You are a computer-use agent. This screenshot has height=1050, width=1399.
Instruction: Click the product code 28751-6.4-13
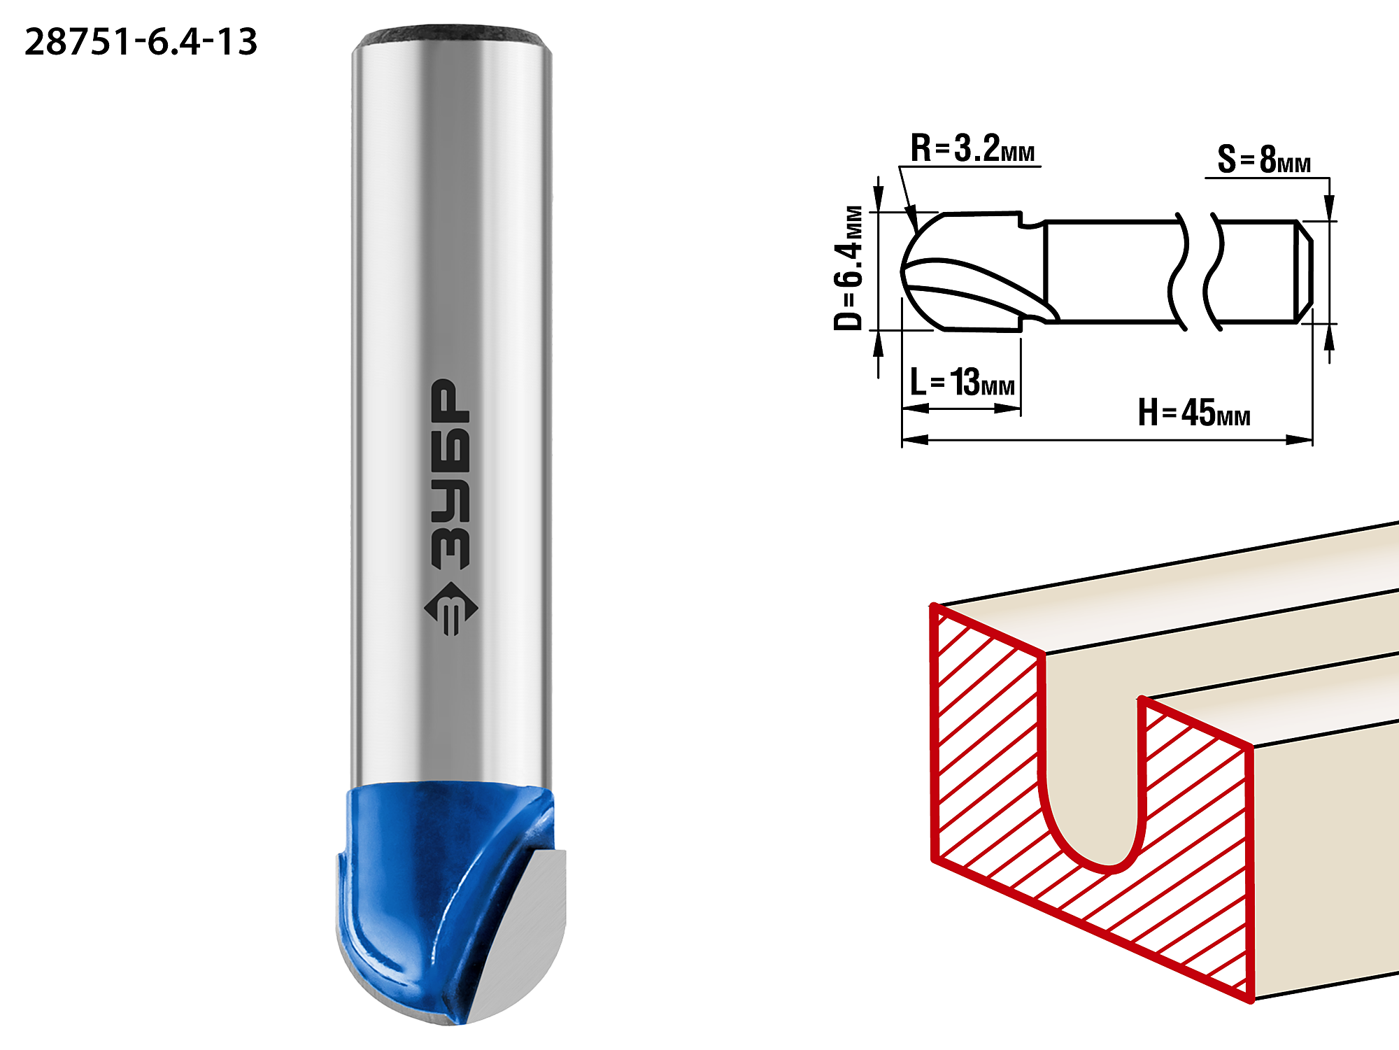tap(141, 42)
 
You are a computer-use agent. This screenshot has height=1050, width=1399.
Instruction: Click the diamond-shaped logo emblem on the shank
tap(451, 609)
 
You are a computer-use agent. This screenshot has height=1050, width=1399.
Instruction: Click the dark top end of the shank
tap(451, 36)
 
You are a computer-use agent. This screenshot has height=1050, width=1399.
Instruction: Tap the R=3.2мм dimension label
tap(972, 149)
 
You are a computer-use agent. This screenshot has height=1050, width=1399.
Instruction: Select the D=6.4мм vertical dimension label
tap(848, 267)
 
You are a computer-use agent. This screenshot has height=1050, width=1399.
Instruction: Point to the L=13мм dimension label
tap(963, 382)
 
